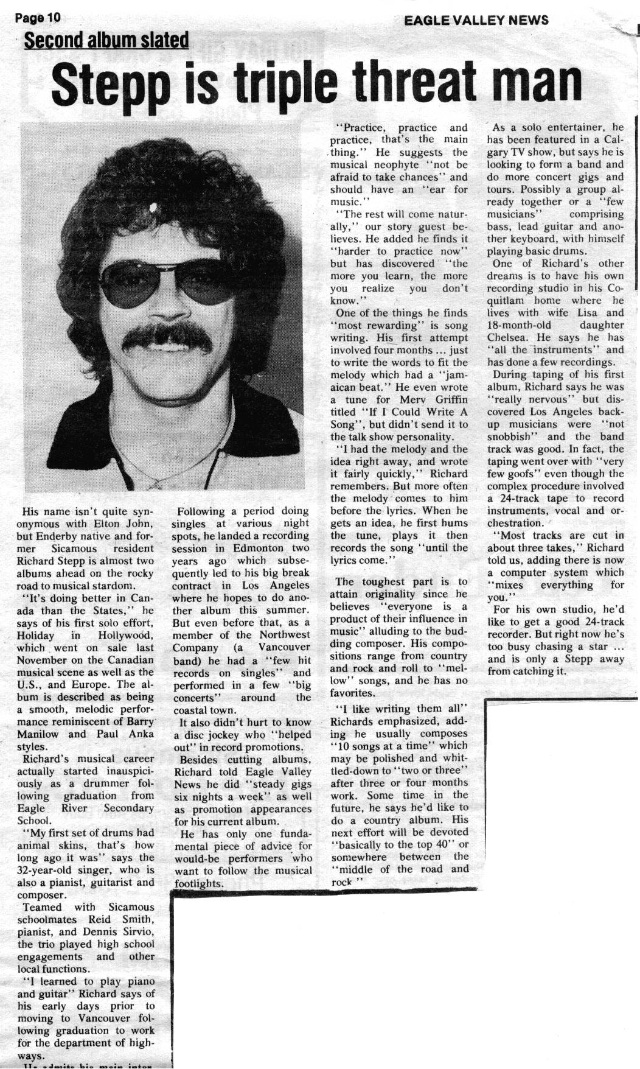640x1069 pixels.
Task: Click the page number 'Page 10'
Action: [38, 18]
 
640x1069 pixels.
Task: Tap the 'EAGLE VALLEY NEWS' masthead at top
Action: [476, 20]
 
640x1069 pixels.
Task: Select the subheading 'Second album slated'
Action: [106, 41]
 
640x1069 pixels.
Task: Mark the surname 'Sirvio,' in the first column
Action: [135, 932]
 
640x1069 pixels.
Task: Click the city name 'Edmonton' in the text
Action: [261, 549]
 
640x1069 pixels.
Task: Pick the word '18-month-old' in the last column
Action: [518, 325]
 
